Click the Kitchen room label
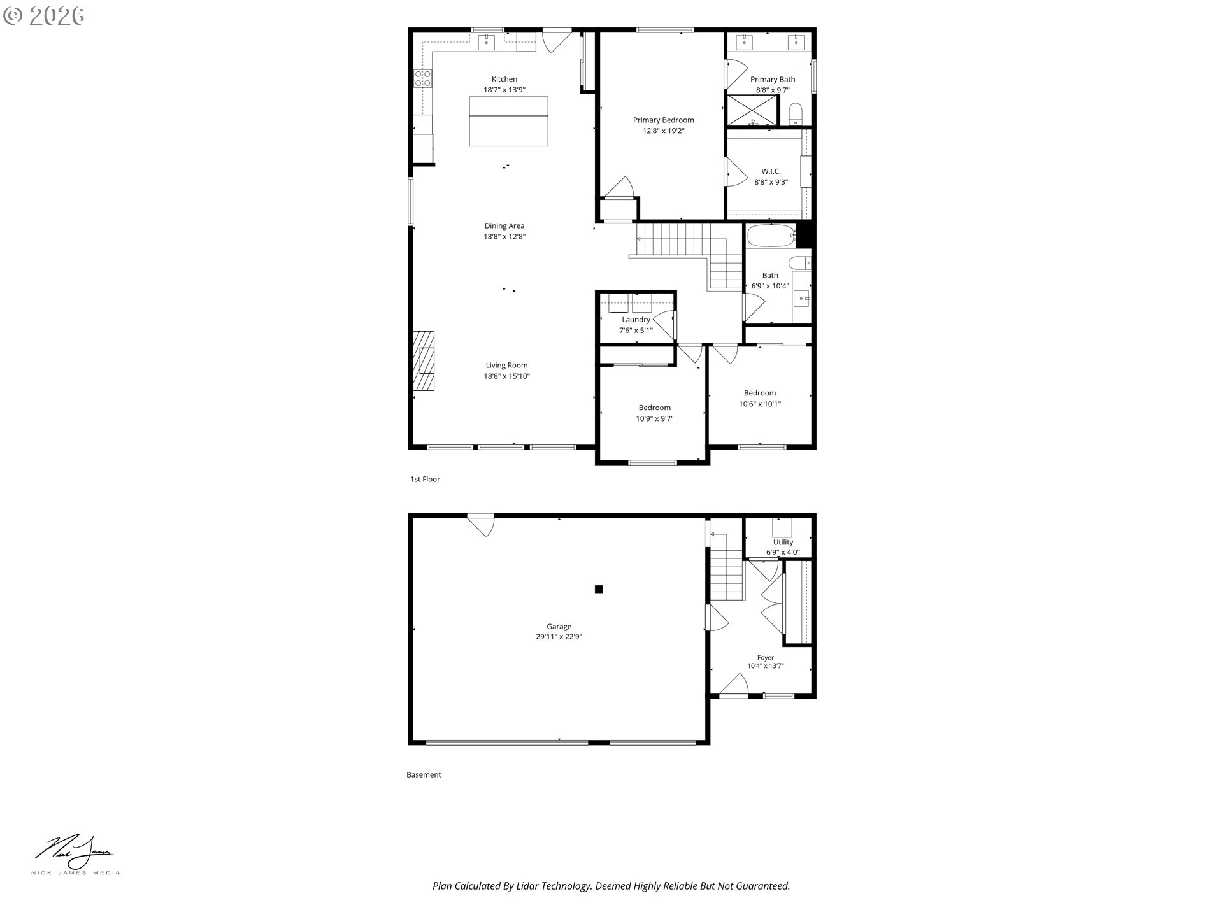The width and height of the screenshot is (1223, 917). [504, 79]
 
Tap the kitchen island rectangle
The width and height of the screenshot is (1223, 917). [508, 121]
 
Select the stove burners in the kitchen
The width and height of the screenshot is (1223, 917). [422, 78]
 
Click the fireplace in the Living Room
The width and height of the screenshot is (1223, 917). [424, 360]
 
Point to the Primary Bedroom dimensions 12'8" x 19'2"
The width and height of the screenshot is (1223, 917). [663, 131]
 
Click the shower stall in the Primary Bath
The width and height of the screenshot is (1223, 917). [752, 110]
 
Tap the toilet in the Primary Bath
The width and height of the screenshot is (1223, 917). [795, 115]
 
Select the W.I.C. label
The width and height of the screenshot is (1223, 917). [771, 171]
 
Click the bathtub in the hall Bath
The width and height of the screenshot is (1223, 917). [771, 236]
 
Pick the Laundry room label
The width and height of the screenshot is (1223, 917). [636, 320]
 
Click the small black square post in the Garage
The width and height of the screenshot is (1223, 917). [599, 589]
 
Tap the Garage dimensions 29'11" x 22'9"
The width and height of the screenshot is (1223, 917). [559, 637]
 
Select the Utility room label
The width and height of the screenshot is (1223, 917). [783, 542]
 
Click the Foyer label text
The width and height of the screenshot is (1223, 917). [766, 658]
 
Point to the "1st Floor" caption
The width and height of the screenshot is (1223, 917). [425, 479]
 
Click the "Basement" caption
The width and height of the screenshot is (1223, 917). [424, 775]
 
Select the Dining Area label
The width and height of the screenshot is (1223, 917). [504, 225]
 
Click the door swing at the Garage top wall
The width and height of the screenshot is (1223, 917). [482, 525]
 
